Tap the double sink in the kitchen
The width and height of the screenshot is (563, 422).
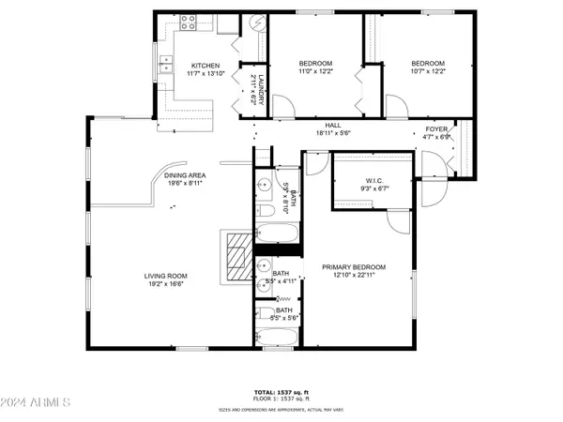(x=165, y=65)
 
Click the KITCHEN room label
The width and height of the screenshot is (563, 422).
(x=205, y=66)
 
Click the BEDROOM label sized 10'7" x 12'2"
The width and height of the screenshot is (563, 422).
(x=427, y=56)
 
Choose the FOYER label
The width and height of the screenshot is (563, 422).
(x=437, y=129)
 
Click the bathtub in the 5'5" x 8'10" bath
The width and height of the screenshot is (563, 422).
(x=277, y=234)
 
